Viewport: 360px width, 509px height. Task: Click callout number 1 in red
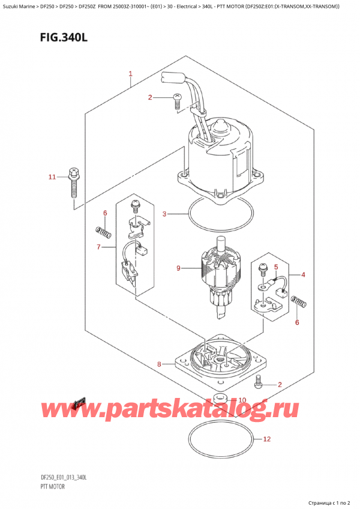(x=130, y=74)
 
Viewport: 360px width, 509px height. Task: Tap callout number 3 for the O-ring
(x=166, y=213)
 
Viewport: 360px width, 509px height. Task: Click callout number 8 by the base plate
(x=160, y=364)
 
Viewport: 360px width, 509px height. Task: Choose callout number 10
(x=242, y=400)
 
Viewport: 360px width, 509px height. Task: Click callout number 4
(x=303, y=275)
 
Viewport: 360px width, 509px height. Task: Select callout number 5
(x=276, y=267)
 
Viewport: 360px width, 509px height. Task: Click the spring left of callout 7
(x=103, y=231)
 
